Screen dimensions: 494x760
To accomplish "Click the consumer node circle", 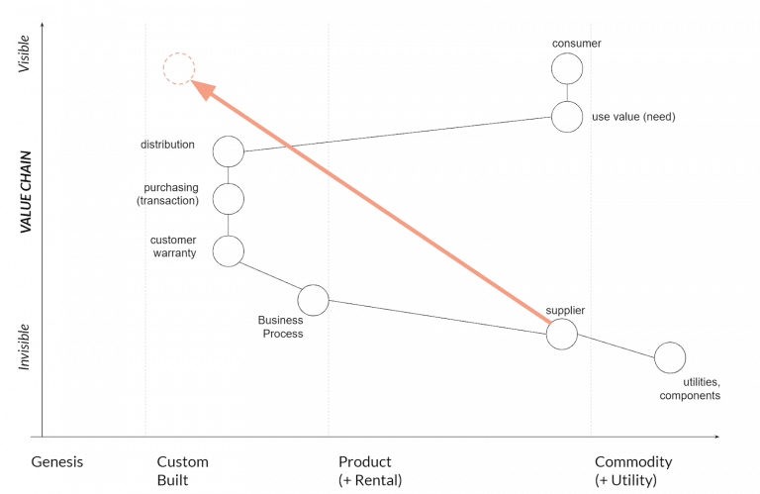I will tap(567, 68).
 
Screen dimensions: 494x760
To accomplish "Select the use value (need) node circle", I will tap(567, 116).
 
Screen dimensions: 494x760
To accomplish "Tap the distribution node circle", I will tap(229, 151).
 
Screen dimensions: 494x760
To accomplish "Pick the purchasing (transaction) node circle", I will tap(229, 198).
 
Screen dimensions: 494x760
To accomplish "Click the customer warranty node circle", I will tap(229, 251).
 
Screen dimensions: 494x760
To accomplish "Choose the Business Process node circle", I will tap(313, 299).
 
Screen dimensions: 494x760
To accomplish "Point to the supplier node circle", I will tap(561, 334).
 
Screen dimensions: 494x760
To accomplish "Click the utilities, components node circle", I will tap(670, 357).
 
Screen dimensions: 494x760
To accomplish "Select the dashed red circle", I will tap(178, 68).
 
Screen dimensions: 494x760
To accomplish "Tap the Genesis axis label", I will tap(57, 462).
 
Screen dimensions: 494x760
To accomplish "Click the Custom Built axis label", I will tap(182, 470).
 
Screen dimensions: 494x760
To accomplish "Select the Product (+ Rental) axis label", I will tap(370, 470).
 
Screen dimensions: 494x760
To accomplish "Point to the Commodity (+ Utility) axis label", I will tap(633, 470).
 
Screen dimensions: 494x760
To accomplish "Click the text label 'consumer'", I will tap(576, 44).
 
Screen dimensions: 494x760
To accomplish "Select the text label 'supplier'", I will tap(565, 310).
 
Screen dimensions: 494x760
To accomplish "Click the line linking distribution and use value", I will tap(396, 134).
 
